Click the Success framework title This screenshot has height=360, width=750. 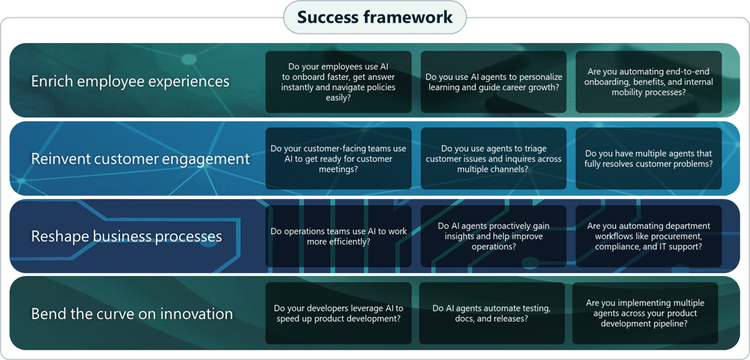pyautogui.click(x=375, y=17)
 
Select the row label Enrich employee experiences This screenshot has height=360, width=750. pyautogui.click(x=130, y=82)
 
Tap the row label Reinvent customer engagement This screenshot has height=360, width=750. pyautogui.click(x=140, y=159)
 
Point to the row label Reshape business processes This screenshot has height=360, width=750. pyautogui.click(x=126, y=237)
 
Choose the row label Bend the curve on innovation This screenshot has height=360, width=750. pyautogui.click(x=132, y=314)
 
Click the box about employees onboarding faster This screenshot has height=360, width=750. pyautogui.click(x=339, y=82)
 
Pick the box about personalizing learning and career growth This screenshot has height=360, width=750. pyautogui.click(x=493, y=82)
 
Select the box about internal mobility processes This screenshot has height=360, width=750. pyautogui.click(x=649, y=82)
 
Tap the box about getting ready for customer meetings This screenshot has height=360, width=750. pyautogui.click(x=339, y=159)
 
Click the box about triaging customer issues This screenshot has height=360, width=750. pyautogui.click(x=493, y=159)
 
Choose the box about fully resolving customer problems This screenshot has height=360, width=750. pyautogui.click(x=649, y=159)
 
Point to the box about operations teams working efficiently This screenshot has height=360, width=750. pyautogui.click(x=339, y=237)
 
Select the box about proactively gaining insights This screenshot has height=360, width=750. pyautogui.click(x=493, y=237)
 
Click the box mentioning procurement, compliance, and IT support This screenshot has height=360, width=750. pyautogui.click(x=649, y=237)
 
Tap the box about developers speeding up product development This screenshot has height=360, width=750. pyautogui.click(x=339, y=314)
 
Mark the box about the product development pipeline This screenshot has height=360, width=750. pyautogui.click(x=645, y=314)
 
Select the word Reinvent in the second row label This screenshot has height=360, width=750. pyautogui.click(x=58, y=159)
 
